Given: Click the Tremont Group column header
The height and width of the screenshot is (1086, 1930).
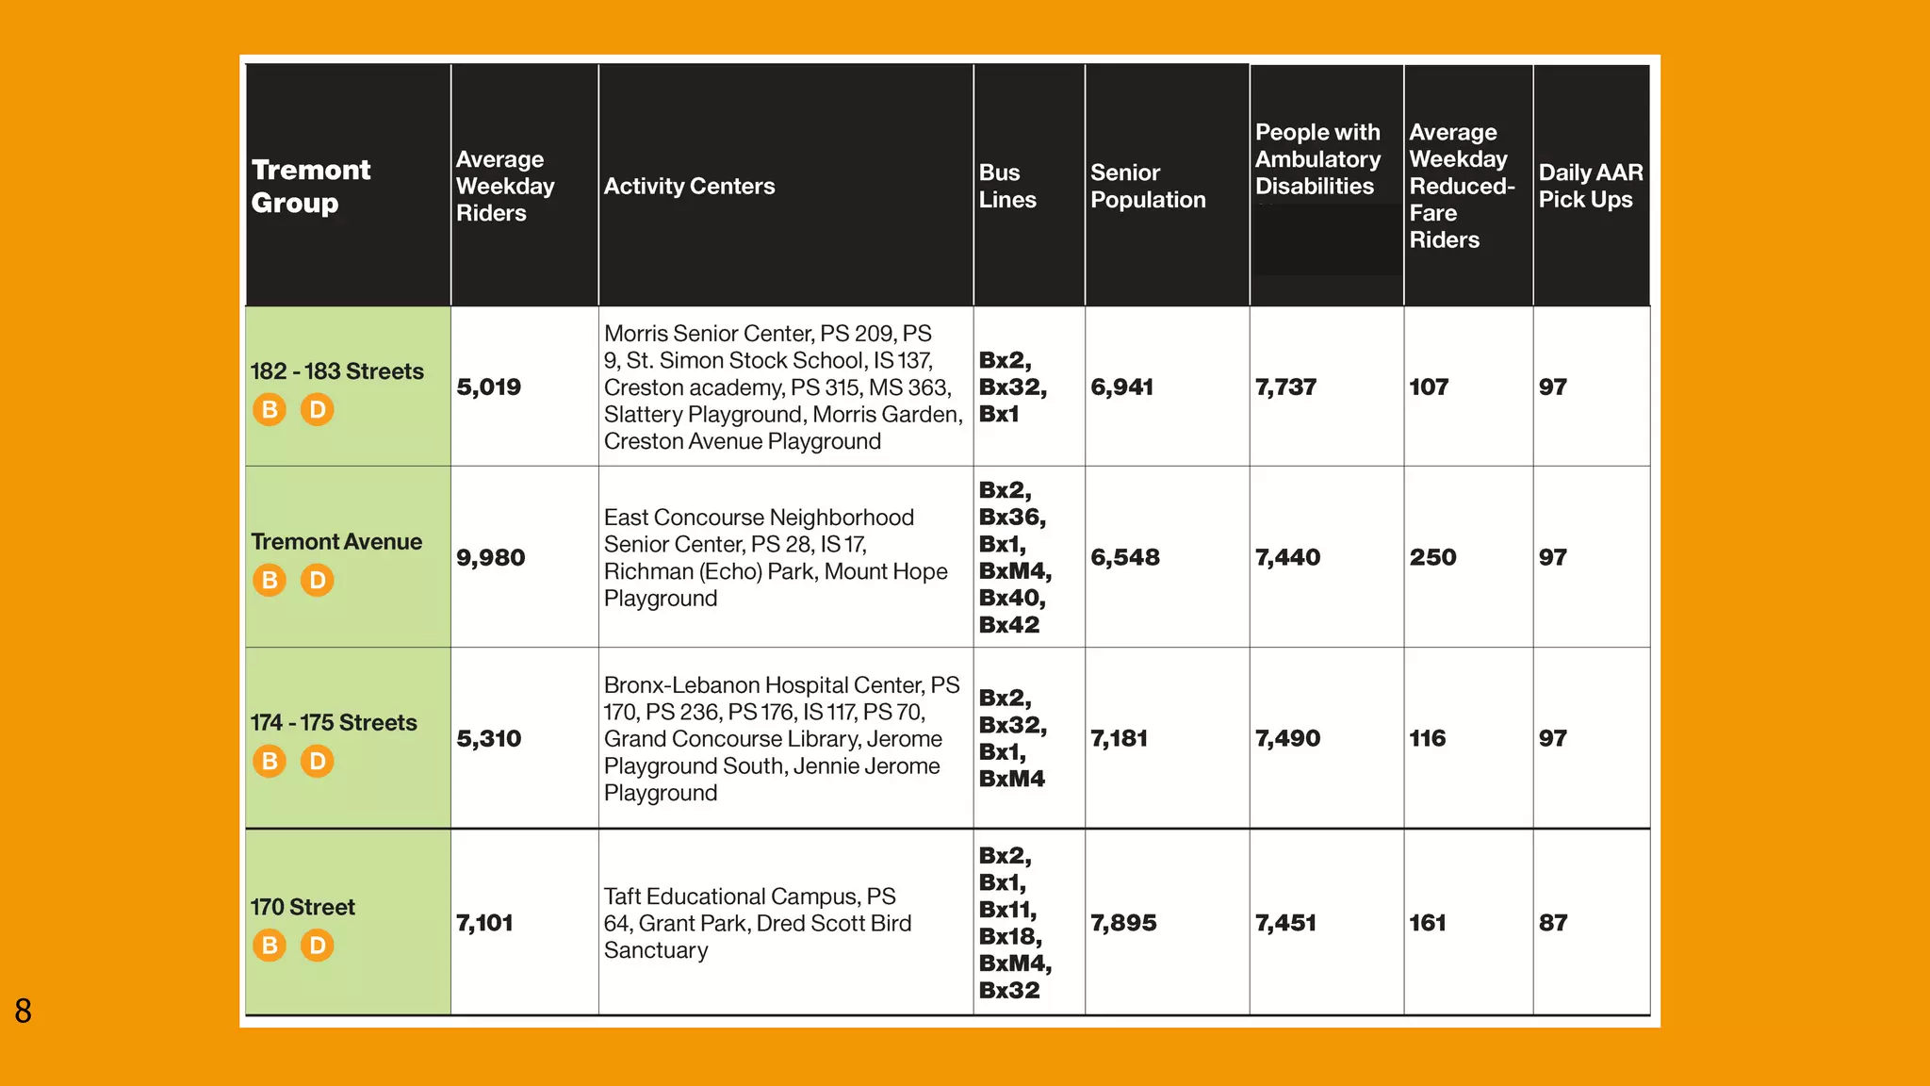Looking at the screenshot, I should coord(311,186).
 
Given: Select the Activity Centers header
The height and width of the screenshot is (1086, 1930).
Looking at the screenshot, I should coord(689,186).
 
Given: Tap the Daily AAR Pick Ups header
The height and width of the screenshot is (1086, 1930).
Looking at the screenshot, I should coord(1590,186).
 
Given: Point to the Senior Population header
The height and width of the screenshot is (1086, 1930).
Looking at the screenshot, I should coord(1147,186).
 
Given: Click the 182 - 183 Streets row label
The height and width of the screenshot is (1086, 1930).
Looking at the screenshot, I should coord(336,371).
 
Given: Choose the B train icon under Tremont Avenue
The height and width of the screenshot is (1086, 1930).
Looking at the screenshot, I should coord(270,580).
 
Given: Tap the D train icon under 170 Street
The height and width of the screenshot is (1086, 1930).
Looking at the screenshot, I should coord(318,945).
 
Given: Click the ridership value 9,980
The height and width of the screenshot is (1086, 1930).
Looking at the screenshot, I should coord(490,557).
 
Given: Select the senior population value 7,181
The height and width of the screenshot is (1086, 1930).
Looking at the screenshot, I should coord(1119,738).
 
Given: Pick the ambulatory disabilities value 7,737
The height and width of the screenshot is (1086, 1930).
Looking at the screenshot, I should coord(1285,387).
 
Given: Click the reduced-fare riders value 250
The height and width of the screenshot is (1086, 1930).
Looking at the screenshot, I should coord(1432,557).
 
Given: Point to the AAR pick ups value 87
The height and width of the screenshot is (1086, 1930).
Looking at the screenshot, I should coord(1552,923).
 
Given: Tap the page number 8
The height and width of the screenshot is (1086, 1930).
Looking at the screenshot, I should coord(24,1011).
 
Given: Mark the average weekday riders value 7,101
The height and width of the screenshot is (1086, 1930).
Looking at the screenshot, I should coord(484,923).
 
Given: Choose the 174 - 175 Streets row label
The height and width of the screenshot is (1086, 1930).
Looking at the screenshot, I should coord(334,723).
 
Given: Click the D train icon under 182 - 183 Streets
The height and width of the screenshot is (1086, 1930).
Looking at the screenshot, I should coord(318,409).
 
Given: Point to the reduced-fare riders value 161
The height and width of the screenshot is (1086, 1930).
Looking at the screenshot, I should coord(1427,923).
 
